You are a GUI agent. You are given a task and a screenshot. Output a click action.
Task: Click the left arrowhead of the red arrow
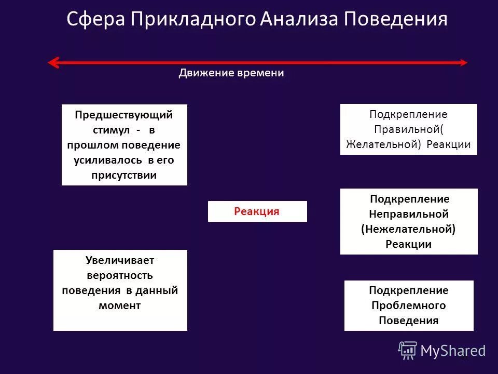click(52, 63)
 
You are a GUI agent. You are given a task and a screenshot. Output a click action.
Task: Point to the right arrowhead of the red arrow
click(463, 63)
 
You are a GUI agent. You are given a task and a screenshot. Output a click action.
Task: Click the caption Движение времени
click(231, 73)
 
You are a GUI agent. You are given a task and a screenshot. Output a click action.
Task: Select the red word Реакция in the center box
click(257, 211)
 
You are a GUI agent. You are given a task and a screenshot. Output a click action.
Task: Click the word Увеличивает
click(120, 260)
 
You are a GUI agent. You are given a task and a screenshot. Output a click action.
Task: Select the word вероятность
click(120, 275)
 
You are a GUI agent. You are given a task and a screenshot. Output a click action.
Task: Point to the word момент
click(119, 305)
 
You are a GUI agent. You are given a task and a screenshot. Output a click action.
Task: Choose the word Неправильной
click(409, 214)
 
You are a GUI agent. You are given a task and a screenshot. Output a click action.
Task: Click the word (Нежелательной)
click(408, 229)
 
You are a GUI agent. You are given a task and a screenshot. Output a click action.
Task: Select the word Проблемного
click(409, 305)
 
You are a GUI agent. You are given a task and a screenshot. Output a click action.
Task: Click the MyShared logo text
click(452, 351)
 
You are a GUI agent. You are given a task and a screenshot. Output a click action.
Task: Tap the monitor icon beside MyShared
click(408, 351)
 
